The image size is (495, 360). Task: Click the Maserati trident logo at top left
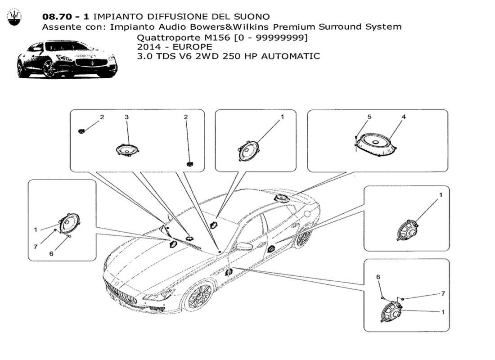point(15,18)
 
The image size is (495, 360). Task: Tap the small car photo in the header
point(67,59)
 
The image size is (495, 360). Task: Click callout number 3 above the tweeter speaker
point(126,117)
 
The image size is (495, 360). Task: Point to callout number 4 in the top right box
point(404,117)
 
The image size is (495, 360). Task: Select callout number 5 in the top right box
point(369,117)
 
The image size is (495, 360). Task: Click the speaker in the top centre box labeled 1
point(247,151)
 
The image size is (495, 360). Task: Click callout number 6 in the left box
point(51,254)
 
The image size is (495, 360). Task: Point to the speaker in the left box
point(69,223)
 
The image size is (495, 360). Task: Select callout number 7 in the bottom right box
point(443,293)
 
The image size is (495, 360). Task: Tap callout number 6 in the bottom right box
point(378,277)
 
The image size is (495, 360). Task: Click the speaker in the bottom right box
point(390,310)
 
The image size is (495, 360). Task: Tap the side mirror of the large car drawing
point(245,247)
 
